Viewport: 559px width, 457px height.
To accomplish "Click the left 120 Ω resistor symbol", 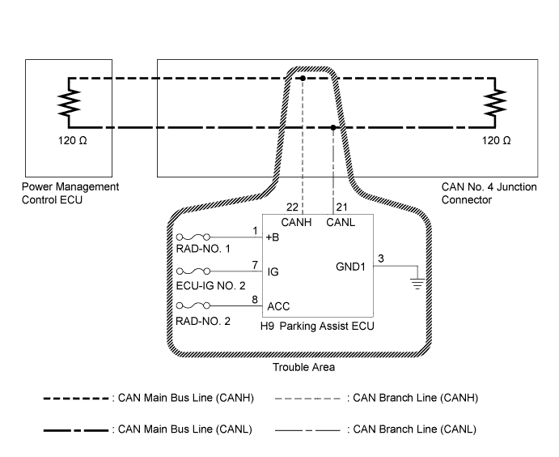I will coord(68,103).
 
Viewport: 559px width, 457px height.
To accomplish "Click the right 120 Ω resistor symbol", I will coord(495,103).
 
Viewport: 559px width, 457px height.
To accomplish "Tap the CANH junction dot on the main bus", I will coord(301,79).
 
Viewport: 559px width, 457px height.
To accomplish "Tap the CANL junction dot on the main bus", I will coord(333,127).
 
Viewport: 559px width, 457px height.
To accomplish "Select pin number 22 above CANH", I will coord(292,208).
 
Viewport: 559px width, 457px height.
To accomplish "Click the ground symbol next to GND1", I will coord(417,280).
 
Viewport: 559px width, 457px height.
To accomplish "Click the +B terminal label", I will coord(273,237).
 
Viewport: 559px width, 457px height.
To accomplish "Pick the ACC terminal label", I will coord(277,306).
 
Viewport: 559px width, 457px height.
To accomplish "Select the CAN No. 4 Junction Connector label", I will coord(489,192).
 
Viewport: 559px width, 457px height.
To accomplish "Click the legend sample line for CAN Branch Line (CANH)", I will coord(307,399).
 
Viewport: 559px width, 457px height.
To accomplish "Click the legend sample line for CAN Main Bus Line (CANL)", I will coord(76,429).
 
